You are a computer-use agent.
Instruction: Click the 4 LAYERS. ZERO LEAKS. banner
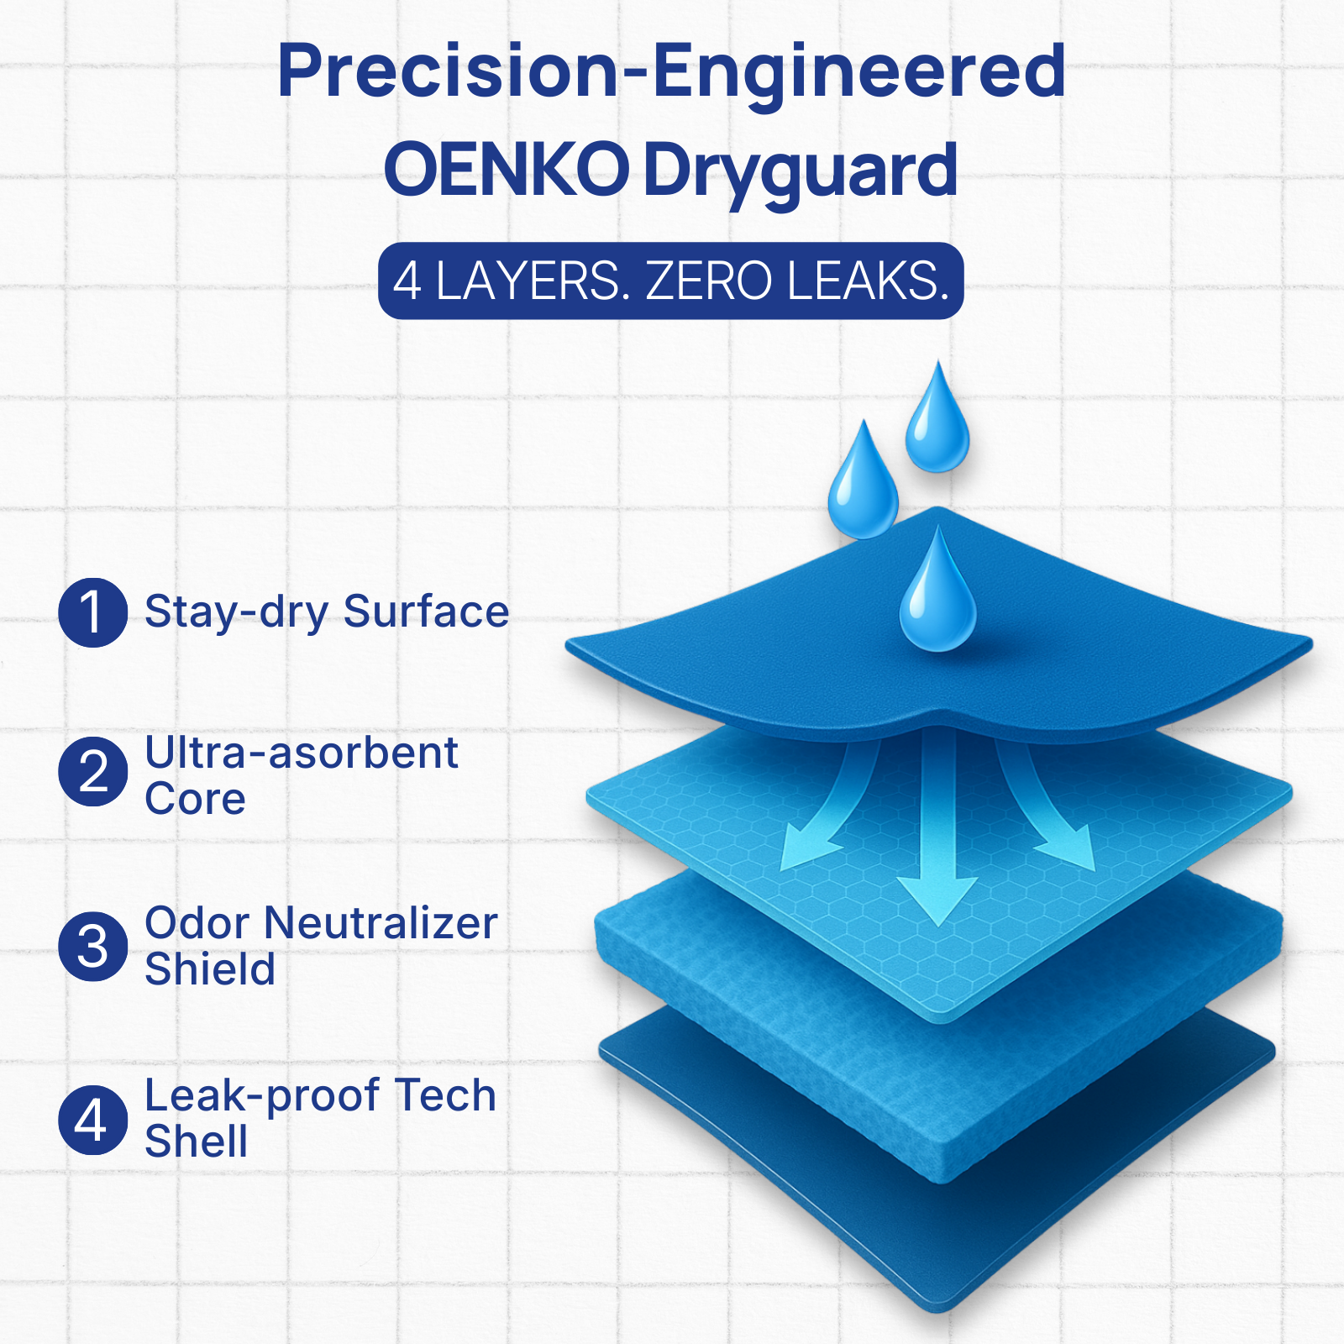670,281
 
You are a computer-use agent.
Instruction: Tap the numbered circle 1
92,612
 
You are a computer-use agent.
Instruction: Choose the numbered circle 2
92,771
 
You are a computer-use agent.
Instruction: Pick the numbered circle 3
92,947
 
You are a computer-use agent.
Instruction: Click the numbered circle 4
92,1119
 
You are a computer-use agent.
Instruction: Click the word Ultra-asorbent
302,753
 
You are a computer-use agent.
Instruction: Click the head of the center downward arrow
937,899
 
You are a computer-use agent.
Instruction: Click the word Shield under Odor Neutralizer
210,969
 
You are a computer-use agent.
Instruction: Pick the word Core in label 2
195,799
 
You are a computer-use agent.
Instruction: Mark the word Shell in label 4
197,1142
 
